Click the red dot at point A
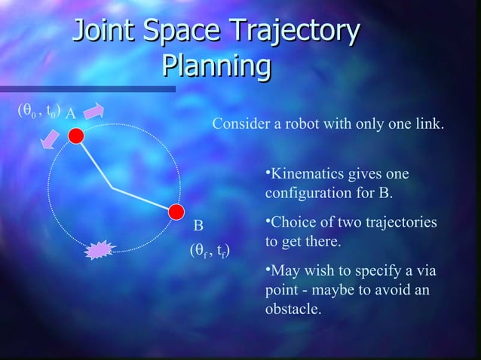(75, 136)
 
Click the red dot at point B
(175, 211)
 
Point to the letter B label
(198, 226)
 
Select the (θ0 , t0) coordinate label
(38, 111)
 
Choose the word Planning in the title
(216, 67)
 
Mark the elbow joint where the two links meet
(111, 187)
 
